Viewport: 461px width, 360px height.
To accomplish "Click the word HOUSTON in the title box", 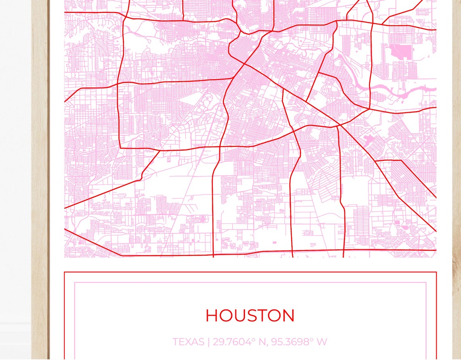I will (x=250, y=316).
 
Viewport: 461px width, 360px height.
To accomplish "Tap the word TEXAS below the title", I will (x=188, y=342).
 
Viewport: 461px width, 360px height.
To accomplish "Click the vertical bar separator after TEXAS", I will (x=209, y=342).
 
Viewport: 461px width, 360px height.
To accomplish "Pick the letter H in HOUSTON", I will (x=213, y=316).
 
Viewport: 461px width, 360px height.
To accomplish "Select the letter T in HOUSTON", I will (x=267, y=316).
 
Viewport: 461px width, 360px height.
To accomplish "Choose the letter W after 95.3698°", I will (x=322, y=342).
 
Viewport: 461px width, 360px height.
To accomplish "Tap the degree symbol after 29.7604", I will (x=254, y=339).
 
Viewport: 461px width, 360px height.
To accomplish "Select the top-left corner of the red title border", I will (x=65, y=272).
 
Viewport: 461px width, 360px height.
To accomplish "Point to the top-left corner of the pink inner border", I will (x=75, y=282).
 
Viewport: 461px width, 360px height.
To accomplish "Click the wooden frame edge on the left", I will (x=40, y=182).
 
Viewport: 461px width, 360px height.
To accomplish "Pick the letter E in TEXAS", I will (x=182, y=342).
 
